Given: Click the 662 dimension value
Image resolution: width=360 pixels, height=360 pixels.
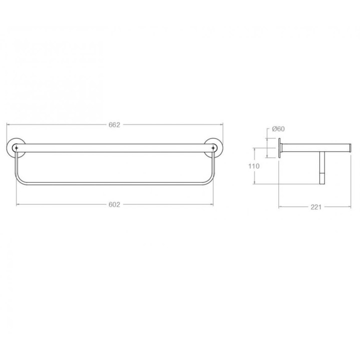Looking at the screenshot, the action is point(114,125).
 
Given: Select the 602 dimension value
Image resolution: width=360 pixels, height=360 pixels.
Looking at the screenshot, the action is point(114,204).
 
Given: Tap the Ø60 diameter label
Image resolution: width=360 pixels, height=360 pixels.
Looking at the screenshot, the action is point(278,129).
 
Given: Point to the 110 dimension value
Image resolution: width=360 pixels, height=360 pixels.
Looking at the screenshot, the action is point(253,166).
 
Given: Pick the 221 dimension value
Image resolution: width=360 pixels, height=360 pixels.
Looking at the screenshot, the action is point(316,207).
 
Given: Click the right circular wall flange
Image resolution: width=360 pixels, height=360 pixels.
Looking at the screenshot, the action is point(222,148).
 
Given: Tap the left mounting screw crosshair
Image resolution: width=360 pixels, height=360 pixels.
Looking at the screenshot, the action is point(16,148).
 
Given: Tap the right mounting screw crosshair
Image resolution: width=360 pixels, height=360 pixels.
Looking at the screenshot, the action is point(213,148).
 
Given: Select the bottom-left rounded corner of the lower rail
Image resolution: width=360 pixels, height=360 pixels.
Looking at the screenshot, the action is point(18,180).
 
